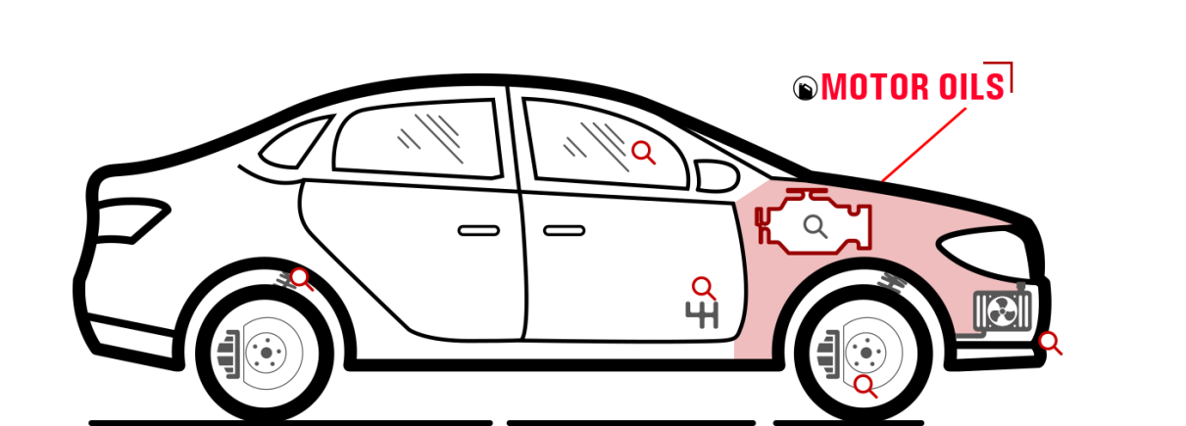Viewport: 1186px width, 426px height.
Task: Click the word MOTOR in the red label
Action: pos(874,87)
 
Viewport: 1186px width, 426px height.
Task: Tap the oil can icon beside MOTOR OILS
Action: pos(806,88)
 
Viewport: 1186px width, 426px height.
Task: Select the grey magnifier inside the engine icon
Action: pos(815,227)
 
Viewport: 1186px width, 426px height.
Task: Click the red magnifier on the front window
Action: pos(644,153)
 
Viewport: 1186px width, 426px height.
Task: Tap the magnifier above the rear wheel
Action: pos(301,279)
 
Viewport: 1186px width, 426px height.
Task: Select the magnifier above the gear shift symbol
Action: pos(704,289)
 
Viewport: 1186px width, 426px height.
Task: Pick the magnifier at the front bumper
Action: pos(1051,343)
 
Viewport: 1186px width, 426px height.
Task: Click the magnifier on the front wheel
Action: pos(865,386)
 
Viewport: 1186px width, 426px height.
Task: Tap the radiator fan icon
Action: pos(1003,311)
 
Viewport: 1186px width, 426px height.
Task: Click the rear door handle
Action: pos(478,231)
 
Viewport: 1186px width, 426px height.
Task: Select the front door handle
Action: pos(565,231)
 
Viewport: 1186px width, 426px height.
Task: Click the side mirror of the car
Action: pos(717,176)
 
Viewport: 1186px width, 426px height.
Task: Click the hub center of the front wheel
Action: pos(866,353)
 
